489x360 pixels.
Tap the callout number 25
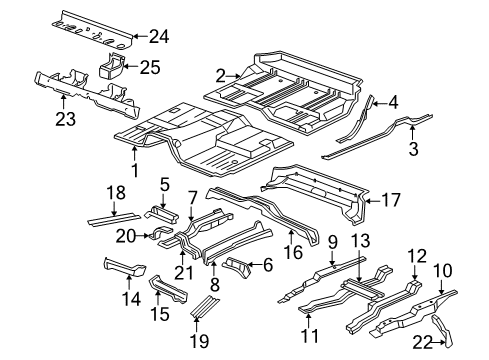pyautogui.click(x=148, y=68)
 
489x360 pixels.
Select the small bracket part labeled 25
pyautogui.click(x=112, y=66)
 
